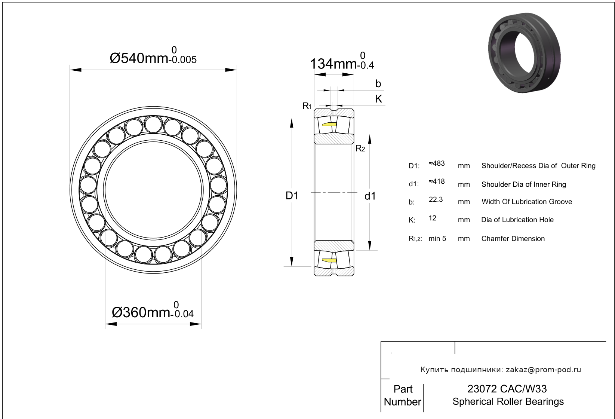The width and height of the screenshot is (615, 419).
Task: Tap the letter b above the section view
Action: [378, 83]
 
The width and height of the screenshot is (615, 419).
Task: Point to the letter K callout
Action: [379, 99]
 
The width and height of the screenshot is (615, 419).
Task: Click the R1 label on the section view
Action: [307, 106]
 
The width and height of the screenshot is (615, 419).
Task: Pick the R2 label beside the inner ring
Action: [360, 149]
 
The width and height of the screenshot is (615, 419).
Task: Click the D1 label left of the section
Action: [292, 196]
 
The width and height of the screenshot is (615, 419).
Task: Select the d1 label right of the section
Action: [370, 196]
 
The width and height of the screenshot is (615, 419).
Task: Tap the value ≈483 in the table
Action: [437, 163]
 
